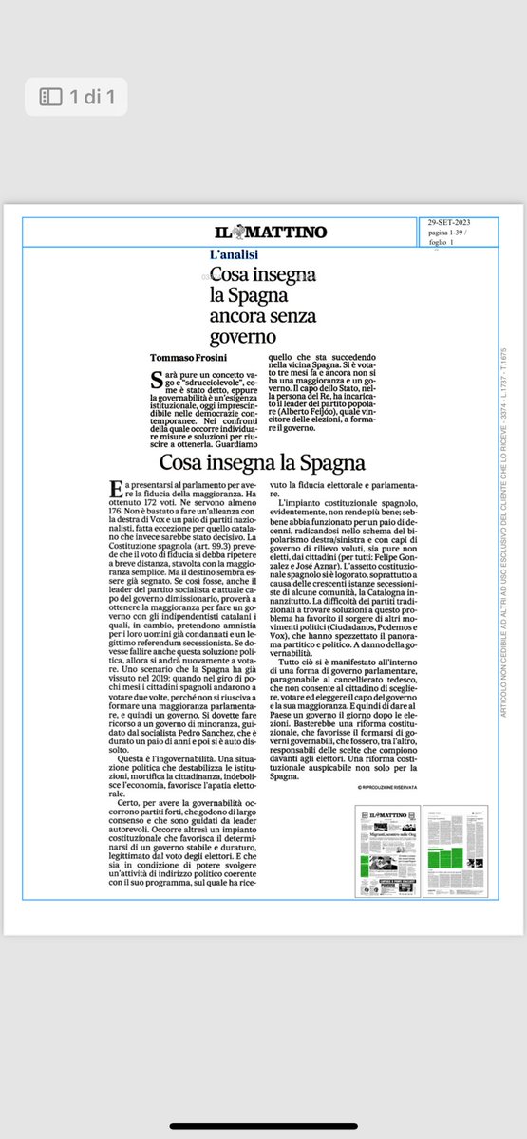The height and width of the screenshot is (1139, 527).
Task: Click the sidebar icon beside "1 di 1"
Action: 50,96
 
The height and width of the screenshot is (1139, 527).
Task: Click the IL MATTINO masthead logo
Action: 270,233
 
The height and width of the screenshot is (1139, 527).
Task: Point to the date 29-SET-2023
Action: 449,223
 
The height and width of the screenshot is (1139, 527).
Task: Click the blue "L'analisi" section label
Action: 235,254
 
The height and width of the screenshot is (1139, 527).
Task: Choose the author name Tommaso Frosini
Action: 190,358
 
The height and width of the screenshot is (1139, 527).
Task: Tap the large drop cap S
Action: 157,382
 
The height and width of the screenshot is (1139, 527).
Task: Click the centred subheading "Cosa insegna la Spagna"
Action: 262,464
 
